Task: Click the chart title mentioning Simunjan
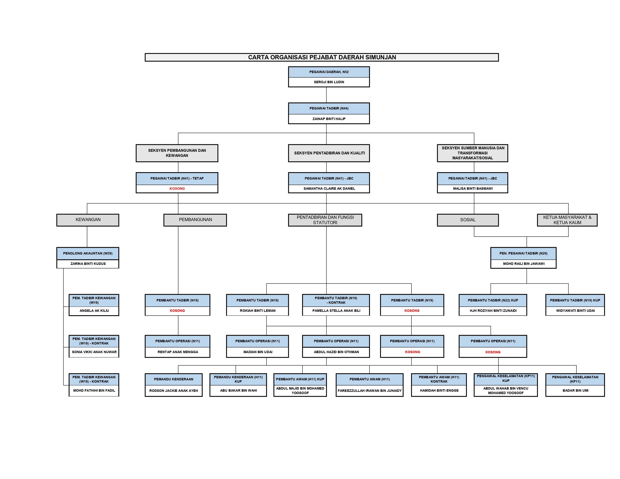tap(322, 57)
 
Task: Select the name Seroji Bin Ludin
tap(329, 82)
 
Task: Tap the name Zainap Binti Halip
tap(329, 119)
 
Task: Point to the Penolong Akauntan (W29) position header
tap(88, 253)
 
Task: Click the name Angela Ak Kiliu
tap(94, 311)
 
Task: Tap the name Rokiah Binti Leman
tap(257, 311)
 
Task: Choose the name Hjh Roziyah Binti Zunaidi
tap(493, 311)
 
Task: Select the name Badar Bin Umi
tap(575, 391)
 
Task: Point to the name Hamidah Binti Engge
tap(439, 391)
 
